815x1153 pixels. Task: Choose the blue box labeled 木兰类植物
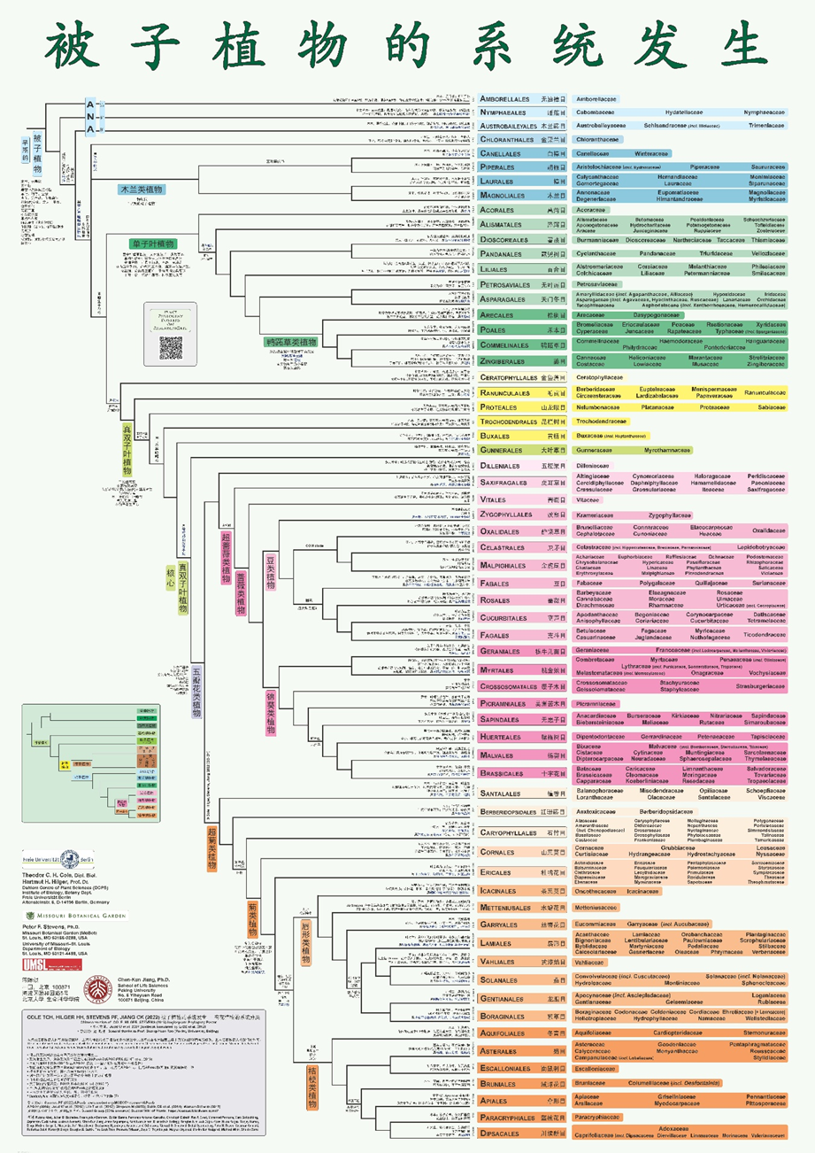142,190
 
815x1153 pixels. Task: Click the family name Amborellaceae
596,99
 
